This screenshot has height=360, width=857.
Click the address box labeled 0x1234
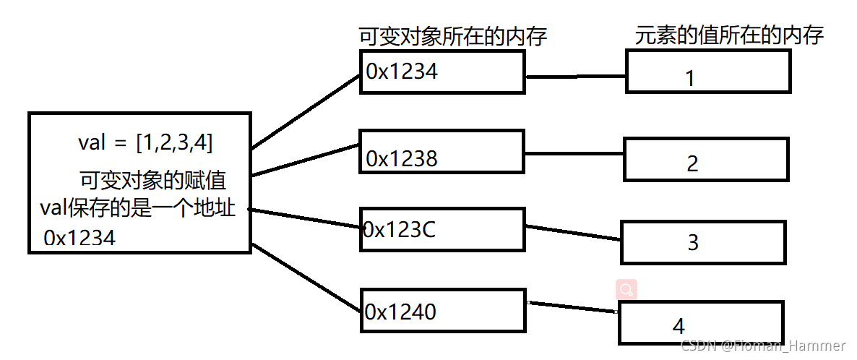coord(442,72)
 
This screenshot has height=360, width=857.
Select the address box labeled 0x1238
coord(442,152)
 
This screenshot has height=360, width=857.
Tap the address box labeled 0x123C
coord(442,229)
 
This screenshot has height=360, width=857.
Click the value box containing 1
coord(708,72)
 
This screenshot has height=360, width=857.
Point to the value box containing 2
coord(706,158)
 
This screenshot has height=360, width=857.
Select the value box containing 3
coord(702,242)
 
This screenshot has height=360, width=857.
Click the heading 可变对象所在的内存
coord(452,37)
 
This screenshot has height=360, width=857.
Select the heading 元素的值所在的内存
coord(730,35)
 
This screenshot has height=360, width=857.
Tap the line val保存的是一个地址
coord(137,208)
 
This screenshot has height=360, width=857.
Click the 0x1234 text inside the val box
coord(79,238)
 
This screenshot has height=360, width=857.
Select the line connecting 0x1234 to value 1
coord(576,76)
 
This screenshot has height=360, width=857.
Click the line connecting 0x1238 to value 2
coord(574,153)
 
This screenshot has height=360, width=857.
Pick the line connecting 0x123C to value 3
coord(573,232)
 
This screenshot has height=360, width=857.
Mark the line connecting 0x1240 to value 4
coord(572,307)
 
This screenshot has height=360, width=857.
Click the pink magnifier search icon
coord(626,290)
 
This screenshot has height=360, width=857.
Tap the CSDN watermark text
coord(768,346)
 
